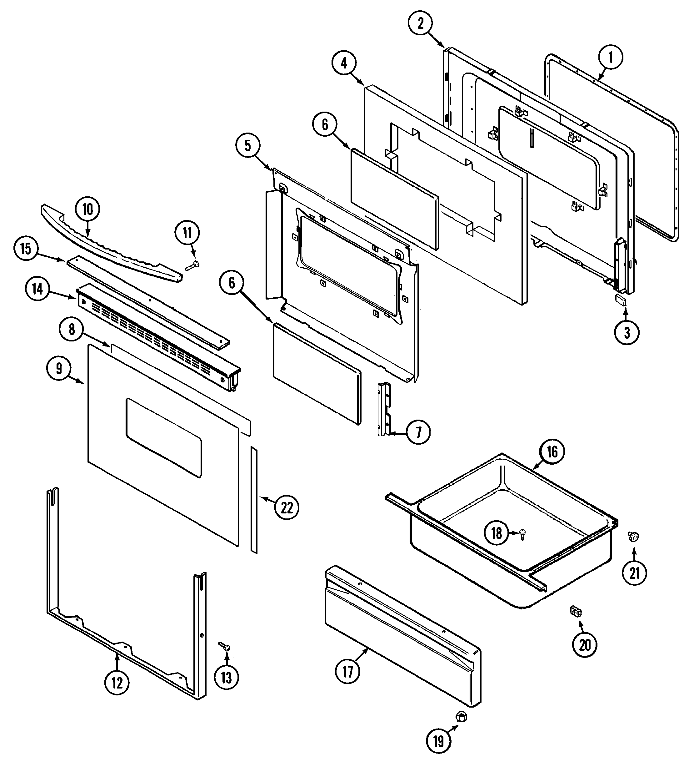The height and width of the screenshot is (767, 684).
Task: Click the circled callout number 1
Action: pos(610,58)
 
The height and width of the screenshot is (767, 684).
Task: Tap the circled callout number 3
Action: pos(627,332)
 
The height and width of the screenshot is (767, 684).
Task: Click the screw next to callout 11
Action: pos(193,265)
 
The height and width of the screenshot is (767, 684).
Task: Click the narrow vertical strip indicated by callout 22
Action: pos(254,500)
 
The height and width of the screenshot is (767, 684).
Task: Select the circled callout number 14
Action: pos(37,290)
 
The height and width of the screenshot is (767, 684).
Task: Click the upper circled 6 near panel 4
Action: pos(325,124)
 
